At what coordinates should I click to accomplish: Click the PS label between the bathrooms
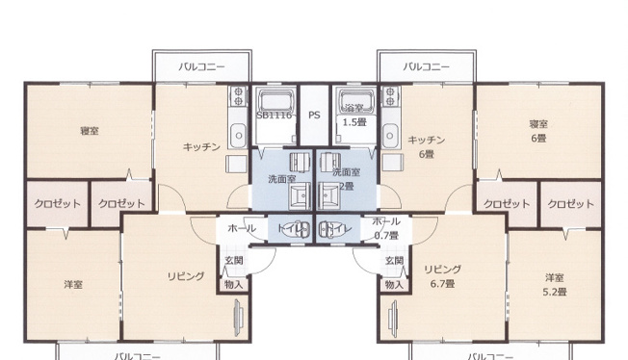pos(314,115)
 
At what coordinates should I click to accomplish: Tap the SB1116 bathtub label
pos(274,115)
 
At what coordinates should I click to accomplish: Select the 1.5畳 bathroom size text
pos(354,123)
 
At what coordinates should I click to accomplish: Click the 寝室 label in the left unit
pos(89,130)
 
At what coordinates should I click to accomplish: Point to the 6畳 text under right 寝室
pos(537,138)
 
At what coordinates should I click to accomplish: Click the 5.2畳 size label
pos(553,292)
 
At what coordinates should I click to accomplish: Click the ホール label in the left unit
pos(241,229)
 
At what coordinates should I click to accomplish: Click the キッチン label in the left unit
pos(202,146)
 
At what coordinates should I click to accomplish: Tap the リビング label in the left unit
pos(187,276)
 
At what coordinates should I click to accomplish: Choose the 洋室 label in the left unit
pos(73,284)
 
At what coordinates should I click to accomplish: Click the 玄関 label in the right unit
pos(393,261)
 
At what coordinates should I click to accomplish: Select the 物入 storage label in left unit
pos(234,284)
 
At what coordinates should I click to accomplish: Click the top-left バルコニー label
pos(202,67)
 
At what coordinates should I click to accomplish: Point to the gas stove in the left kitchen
pos(238,95)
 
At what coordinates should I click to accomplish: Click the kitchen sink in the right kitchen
pos(391,133)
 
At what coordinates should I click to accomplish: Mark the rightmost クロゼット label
pos(570,204)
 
